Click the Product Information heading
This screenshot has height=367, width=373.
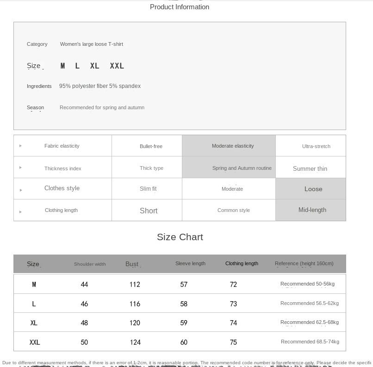(180, 7)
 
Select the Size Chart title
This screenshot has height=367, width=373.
(180, 237)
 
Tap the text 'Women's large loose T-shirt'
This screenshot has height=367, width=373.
(92, 44)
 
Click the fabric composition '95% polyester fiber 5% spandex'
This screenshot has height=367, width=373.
(100, 86)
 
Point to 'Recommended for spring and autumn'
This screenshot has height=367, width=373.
(102, 107)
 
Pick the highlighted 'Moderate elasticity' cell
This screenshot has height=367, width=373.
(233, 146)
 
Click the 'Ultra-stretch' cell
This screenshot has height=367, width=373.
(316, 146)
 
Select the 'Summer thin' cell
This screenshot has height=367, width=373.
(310, 168)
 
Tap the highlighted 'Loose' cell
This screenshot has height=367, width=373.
(313, 189)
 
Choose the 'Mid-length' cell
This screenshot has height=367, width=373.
(312, 210)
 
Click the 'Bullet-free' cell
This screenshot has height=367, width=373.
(151, 146)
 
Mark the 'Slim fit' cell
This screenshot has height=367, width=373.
(148, 189)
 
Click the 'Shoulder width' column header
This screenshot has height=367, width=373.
(90, 264)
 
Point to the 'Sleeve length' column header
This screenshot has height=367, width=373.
(190, 263)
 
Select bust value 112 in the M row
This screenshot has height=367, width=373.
(135, 285)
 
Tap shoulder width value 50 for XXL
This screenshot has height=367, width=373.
(84, 342)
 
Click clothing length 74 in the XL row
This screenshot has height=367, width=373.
(233, 323)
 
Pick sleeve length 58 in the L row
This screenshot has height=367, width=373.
(184, 304)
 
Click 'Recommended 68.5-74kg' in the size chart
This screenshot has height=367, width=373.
(310, 342)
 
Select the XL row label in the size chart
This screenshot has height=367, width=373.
(34, 323)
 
